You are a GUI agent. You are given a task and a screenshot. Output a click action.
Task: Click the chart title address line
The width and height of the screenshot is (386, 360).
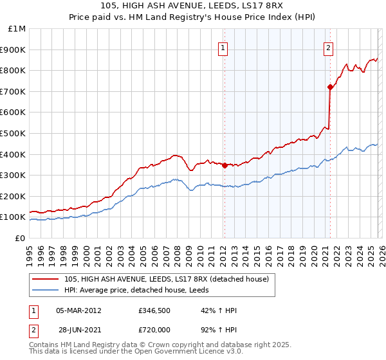click(192, 5)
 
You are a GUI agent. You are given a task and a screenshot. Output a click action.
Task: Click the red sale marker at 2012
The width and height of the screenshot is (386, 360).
click(225, 165)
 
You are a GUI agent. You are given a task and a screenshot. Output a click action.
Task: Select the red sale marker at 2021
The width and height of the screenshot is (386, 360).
click(330, 87)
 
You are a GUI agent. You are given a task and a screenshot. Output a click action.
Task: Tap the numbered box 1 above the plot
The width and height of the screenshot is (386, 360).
click(223, 47)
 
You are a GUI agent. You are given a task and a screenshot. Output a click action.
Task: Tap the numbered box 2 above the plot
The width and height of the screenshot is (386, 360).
click(328, 47)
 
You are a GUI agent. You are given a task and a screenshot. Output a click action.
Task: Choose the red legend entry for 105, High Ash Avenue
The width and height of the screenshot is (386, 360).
click(170, 278)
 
